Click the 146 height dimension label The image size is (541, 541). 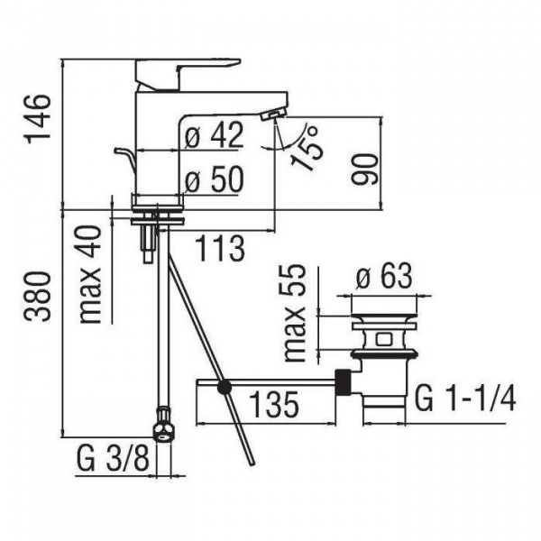tap(39, 118)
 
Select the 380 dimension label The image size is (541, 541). tap(40, 296)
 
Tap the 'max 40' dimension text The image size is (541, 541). tap(91, 274)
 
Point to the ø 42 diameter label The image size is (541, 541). tap(214, 134)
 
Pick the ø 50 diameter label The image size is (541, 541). tap(214, 179)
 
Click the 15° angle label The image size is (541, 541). tap(307, 148)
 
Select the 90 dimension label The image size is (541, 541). tap(365, 170)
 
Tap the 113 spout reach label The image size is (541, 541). tap(220, 248)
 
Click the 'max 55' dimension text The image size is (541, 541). tap(294, 313)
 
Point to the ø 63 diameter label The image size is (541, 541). tap(384, 276)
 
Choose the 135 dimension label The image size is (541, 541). tap(273, 405)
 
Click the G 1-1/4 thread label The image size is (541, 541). tap(465, 399)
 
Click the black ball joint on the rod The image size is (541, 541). tap(225, 388)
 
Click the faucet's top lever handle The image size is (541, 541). tap(188, 73)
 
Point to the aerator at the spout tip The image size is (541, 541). tap(273, 114)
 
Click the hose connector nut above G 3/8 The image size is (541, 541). tap(163, 425)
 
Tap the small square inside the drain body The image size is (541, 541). tap(382, 340)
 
